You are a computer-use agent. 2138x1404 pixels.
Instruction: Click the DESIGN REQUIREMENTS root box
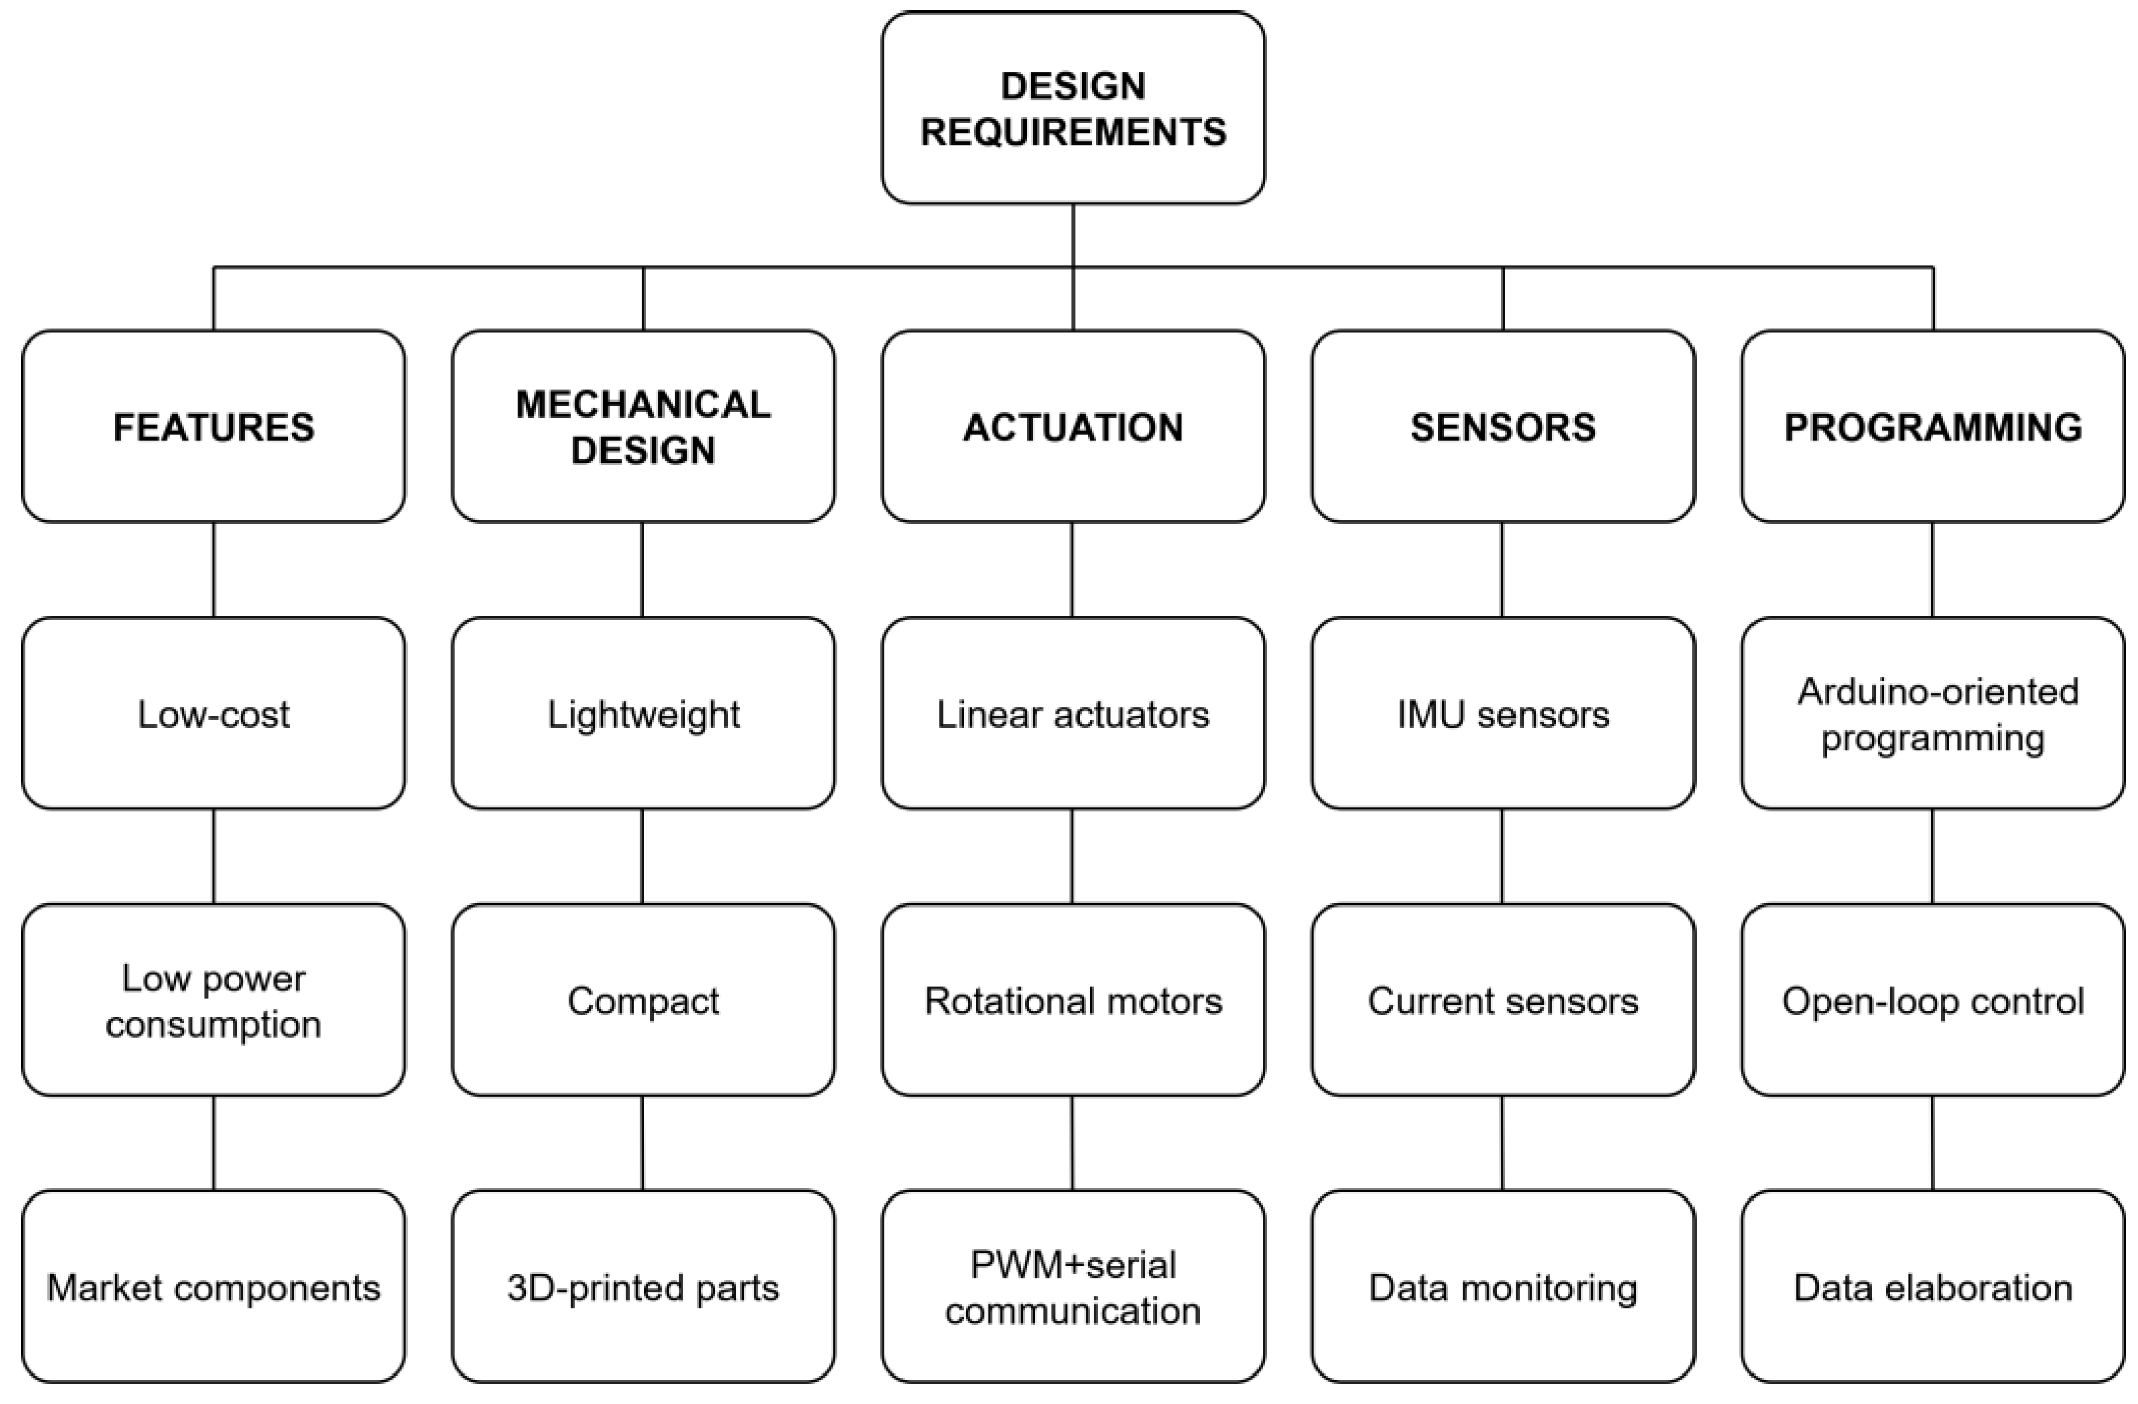tap(1073, 108)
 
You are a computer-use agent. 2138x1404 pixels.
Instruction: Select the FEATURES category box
tap(214, 427)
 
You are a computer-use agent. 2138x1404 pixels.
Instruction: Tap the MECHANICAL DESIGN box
tap(644, 427)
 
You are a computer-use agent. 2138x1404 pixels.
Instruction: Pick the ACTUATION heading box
tap(1073, 427)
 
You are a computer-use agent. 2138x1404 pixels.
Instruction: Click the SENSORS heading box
tap(1503, 427)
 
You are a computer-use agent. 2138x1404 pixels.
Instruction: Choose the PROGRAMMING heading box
tap(1933, 427)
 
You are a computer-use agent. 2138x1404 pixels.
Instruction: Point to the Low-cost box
tap(214, 714)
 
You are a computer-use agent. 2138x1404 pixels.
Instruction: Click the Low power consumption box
tap(214, 1000)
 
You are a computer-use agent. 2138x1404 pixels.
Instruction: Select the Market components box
tap(214, 1287)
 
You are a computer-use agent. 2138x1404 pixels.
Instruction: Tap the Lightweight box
tap(644, 714)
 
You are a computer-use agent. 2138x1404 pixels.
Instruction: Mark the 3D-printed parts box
tap(644, 1287)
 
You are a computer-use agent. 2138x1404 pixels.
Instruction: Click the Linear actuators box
tap(1073, 714)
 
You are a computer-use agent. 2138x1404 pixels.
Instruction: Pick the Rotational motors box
tap(1073, 1000)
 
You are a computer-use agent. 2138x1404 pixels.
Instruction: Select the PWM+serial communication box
tap(1073, 1287)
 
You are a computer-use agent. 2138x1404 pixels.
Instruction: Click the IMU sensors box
tap(1503, 714)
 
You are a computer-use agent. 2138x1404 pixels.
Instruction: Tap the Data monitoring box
tap(1503, 1287)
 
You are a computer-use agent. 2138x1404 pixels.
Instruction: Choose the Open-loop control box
tap(1933, 1000)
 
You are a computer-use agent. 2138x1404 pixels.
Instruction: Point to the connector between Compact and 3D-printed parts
tap(642, 1144)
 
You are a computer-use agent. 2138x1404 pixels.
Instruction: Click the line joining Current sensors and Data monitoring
tap(1503, 1144)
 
